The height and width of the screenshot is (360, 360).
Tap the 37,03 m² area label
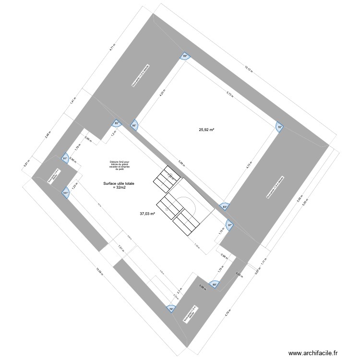pyautogui.click(x=147, y=214)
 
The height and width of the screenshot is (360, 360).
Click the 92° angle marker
pyautogui.click(x=279, y=128)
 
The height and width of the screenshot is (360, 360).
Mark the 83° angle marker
pyautogui.click(x=224, y=207)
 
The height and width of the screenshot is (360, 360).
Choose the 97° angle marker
pyautogui.click(x=230, y=225)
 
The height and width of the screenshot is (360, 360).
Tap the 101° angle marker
pyautogui.click(x=66, y=193)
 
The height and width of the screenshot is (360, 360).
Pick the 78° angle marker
pyautogui.click(x=170, y=309)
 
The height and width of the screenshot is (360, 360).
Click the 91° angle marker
pyautogui.click(x=65, y=158)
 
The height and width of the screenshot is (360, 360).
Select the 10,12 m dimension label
pyautogui.click(x=248, y=69)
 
